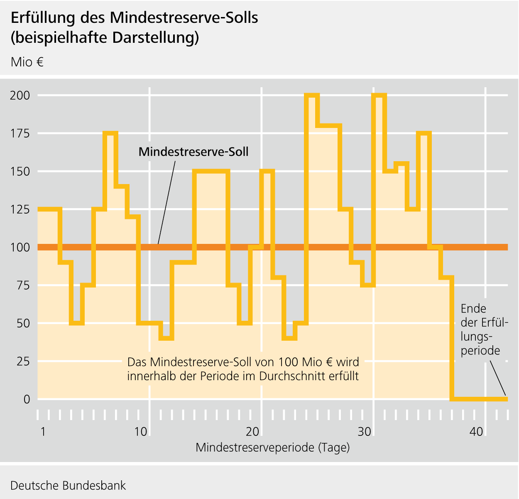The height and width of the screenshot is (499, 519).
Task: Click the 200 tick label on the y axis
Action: pos(20,96)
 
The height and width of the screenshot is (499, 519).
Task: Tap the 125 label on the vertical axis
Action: pos(20,209)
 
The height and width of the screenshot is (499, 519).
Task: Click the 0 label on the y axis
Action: pos(27,399)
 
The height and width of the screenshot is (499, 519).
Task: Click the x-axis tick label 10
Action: pos(141,432)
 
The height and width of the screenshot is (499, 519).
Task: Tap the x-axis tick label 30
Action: pos(365,432)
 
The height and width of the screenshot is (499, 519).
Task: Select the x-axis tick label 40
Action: pos(477,432)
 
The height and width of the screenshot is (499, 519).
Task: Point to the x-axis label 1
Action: pos(43,432)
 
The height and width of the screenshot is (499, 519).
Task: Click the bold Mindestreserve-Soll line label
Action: pos(193,152)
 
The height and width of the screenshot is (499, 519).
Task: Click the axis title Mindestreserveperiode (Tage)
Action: pos(272,447)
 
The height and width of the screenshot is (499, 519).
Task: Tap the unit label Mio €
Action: pos(27,62)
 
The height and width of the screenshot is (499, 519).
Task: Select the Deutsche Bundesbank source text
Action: pos(68,485)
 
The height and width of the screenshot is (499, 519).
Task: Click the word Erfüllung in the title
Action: pos(43,18)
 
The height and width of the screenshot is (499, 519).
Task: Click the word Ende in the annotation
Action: pos(473,309)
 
